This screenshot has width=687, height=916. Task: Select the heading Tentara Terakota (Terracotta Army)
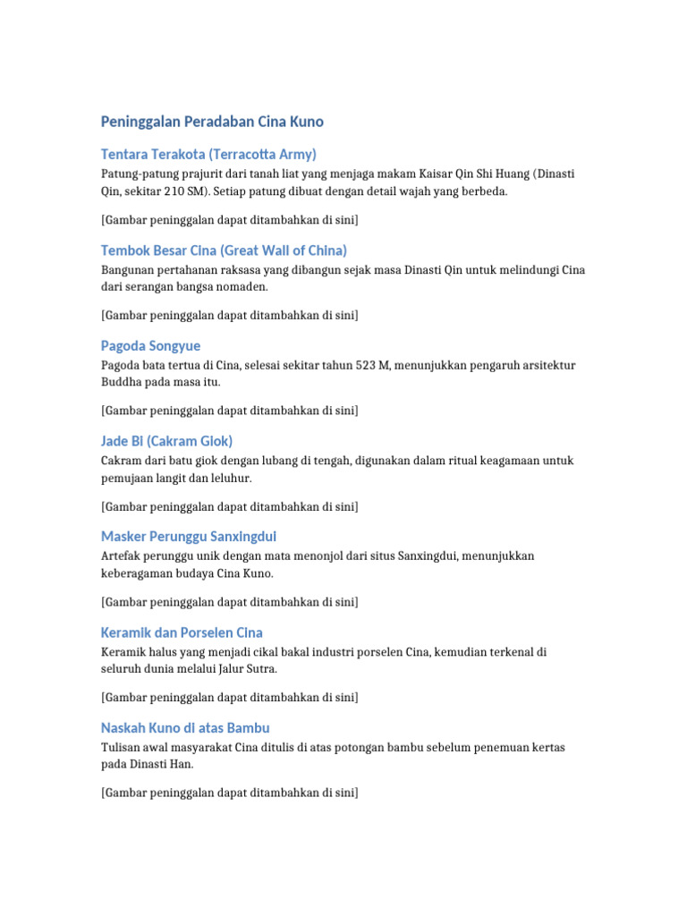point(209,154)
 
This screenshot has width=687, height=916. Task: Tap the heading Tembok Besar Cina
point(225,250)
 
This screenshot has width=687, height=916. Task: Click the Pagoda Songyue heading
point(151,345)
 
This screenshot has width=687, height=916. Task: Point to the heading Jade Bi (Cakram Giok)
point(167,441)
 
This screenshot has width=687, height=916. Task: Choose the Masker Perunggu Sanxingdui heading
point(189,537)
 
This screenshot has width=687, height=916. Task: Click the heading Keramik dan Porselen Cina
point(182,632)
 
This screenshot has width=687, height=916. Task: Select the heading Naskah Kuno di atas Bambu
point(186,728)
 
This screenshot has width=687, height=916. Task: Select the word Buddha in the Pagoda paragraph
point(122,383)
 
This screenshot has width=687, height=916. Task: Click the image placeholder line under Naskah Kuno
point(230,793)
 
